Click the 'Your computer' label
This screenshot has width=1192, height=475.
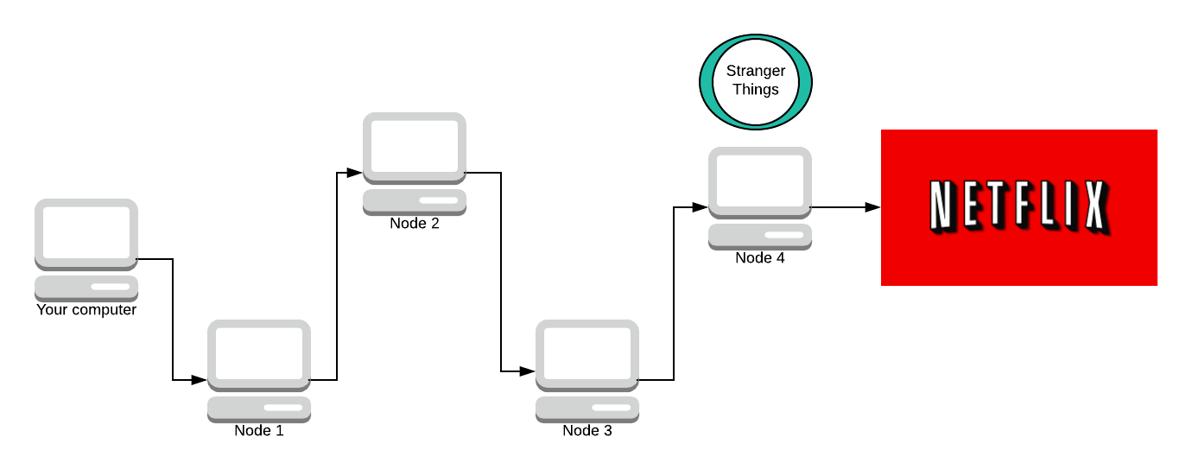tap(86, 309)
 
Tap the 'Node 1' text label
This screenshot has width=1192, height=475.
tap(259, 430)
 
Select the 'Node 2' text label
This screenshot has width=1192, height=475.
tap(415, 223)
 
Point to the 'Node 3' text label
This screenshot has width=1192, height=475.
tap(587, 430)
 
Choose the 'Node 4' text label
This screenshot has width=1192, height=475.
tap(760, 257)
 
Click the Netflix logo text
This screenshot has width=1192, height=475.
tap(1018, 207)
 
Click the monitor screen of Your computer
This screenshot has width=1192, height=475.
tap(86, 233)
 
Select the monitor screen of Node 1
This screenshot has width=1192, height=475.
tap(259, 354)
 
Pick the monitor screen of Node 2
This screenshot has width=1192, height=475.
tap(415, 147)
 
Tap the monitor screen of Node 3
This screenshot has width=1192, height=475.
tap(587, 354)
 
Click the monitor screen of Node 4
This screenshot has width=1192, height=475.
tap(760, 181)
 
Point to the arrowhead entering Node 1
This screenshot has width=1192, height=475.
tap(200, 380)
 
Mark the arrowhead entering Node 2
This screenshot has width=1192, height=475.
tap(355, 173)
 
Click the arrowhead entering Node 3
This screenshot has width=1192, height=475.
tap(528, 371)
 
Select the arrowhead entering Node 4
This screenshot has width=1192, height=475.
tap(701, 207)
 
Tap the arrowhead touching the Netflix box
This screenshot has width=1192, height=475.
tap(873, 207)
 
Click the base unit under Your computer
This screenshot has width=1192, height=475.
tap(86, 288)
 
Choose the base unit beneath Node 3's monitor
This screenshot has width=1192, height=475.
tap(587, 408)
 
